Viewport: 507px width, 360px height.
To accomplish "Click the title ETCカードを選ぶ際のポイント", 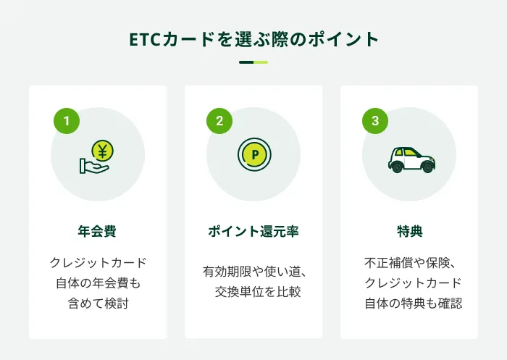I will (253, 38).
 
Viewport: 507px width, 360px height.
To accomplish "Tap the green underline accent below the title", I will (253, 62).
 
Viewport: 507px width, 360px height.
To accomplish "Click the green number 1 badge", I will (67, 121).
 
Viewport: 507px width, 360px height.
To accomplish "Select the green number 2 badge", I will (219, 121).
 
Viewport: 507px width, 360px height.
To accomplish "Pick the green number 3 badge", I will (375, 121).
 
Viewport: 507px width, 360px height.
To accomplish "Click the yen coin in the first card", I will (103, 151).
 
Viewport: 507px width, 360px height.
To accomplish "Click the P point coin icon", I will (254, 154).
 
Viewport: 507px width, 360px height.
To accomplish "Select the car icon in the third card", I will (411, 159).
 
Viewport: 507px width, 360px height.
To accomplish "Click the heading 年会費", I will (97, 232).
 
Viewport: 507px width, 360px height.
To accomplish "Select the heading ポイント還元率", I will (253, 232).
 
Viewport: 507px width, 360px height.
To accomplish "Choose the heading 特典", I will (409, 232).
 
